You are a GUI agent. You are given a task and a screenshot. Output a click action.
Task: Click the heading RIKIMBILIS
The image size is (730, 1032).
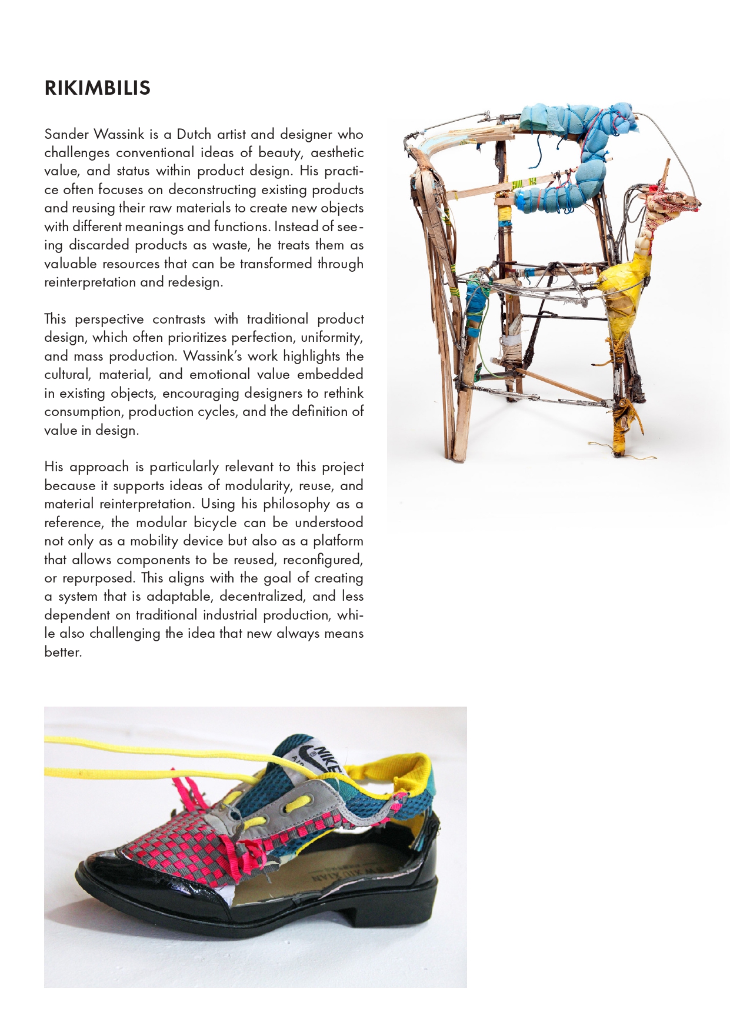coord(98,88)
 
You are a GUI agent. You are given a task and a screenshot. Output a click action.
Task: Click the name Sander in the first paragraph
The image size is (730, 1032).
coord(65,134)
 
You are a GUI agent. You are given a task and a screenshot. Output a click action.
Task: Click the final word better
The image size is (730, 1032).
coord(62,652)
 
